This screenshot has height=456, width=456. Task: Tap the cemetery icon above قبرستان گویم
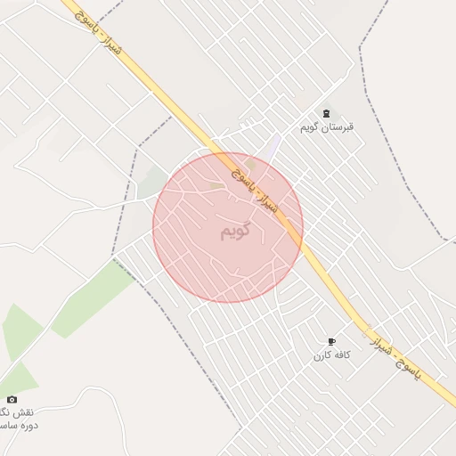pyautogui.click(x=327, y=113)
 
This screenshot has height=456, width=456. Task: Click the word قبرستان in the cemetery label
pyautogui.click(x=339, y=126)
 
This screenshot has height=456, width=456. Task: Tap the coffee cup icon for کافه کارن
pyautogui.click(x=332, y=342)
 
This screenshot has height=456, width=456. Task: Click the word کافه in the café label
pyautogui.click(x=340, y=355)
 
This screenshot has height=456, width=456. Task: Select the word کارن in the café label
pyautogui.click(x=321, y=355)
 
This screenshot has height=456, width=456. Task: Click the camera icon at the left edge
pyautogui.click(x=12, y=400)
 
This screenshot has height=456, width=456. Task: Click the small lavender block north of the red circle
pyautogui.click(x=273, y=145)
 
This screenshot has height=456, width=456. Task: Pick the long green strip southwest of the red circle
pyautogui.click(x=93, y=298)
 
